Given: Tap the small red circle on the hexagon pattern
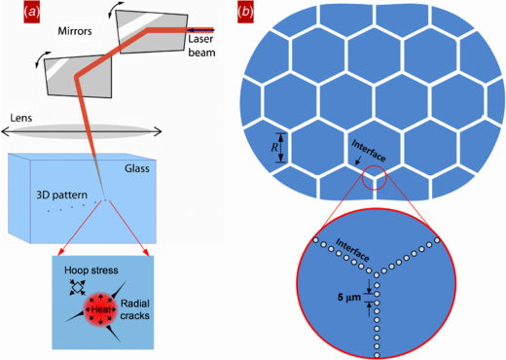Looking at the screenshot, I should [373, 179].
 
